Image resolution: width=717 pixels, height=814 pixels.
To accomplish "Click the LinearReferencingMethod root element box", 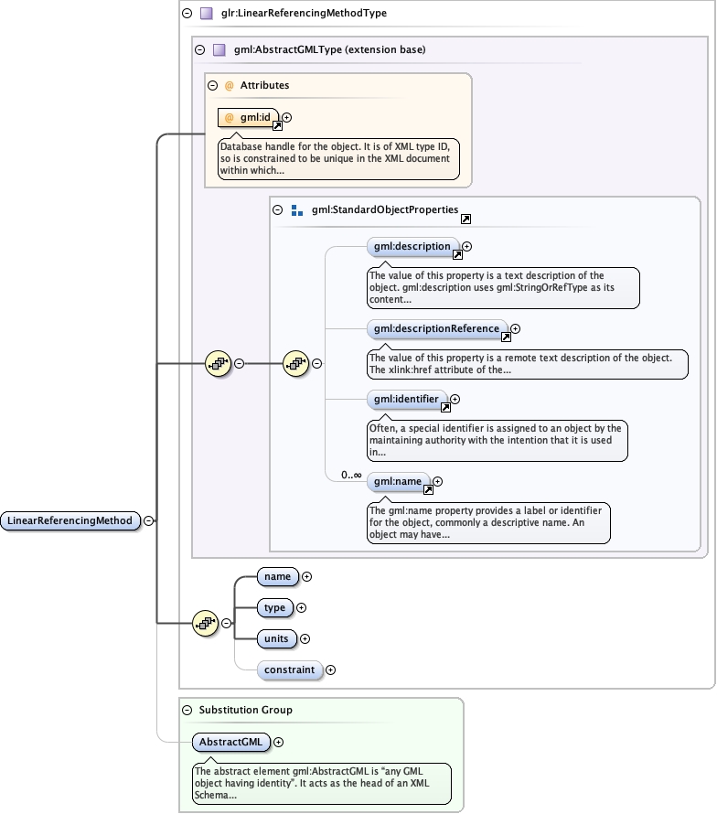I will (70, 521).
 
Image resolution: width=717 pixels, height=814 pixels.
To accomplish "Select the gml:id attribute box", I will (248, 118).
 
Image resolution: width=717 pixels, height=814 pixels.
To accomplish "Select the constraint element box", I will (290, 670).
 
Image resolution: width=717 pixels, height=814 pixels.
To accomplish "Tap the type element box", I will (274, 608).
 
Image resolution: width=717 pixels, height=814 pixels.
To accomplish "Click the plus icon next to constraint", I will (330, 670).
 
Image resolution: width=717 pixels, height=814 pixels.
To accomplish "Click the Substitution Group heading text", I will (245, 710).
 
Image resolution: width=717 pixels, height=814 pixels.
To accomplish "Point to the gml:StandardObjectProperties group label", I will (384, 210).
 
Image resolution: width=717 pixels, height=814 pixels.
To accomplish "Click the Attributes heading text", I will (264, 86).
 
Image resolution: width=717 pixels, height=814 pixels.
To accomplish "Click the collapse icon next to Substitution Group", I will (187, 710).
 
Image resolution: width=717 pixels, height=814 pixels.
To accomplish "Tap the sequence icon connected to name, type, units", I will (206, 624).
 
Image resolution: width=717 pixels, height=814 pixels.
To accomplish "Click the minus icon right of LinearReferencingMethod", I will (148, 521).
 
